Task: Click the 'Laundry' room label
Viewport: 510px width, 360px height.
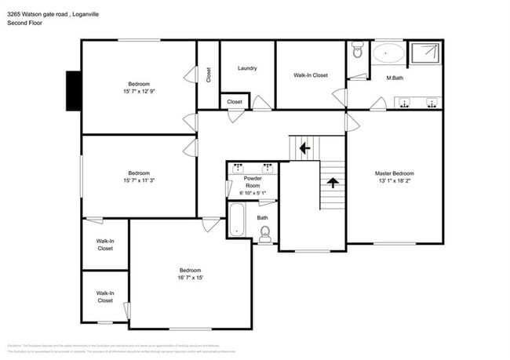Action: point(247,69)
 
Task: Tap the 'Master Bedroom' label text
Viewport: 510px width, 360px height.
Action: point(394,173)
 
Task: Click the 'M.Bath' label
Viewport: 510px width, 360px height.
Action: point(395,78)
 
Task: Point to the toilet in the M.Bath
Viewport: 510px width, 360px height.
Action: point(358,52)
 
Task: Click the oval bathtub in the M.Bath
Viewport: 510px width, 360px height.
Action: point(388,53)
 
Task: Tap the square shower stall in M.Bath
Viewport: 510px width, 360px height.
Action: point(425,53)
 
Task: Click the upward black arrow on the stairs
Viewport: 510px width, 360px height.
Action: point(333,184)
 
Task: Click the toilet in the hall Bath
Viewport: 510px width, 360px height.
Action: point(265,232)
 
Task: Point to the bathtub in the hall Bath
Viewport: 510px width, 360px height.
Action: point(235,220)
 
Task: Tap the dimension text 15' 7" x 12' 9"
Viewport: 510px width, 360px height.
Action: point(139,91)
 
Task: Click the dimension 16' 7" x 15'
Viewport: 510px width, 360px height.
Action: point(190,278)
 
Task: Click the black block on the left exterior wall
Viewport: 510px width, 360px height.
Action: point(74,92)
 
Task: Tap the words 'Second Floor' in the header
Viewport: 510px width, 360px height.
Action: point(24,24)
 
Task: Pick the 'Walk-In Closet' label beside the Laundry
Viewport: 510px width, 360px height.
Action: point(311,75)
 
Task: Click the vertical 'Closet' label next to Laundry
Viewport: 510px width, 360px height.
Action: point(209,75)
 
